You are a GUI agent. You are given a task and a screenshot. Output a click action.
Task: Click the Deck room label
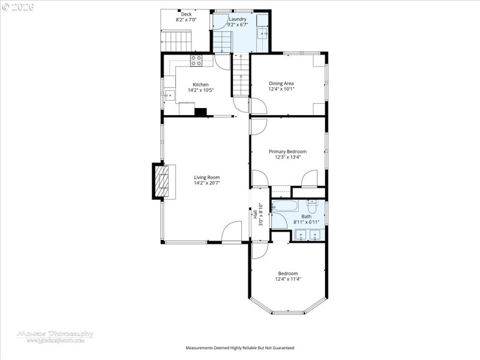coord(187,14)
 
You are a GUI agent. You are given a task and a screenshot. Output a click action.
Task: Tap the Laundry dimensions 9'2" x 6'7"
coord(238,25)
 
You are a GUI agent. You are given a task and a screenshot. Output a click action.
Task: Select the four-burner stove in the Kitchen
coord(196,60)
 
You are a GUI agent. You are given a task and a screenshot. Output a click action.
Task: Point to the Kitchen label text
coord(200,85)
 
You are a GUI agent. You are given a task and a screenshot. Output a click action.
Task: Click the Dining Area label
coord(281,83)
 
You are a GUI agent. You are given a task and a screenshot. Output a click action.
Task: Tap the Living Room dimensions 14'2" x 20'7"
coord(206,183)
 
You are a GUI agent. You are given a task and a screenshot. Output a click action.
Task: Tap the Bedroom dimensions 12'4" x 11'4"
coord(287,279)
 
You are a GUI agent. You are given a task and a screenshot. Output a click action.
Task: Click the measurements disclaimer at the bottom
coord(239,348)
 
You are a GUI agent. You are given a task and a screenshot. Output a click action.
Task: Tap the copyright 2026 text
coord(19,7)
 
